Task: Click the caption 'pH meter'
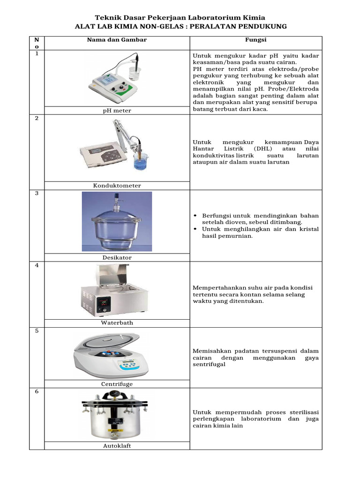tap(117, 111)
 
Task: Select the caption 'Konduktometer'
tap(117, 186)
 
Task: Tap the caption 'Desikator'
tap(117, 257)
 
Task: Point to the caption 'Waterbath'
tap(117, 322)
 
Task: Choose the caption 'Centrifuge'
tap(117, 384)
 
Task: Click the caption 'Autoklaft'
tap(117, 446)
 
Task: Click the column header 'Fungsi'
tap(255, 40)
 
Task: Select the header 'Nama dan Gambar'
tap(117, 40)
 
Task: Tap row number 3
tap(37, 193)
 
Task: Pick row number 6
tap(37, 391)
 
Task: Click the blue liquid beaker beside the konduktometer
tap(141, 162)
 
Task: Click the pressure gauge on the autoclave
tap(114, 395)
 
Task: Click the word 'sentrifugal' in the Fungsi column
tap(209, 364)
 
